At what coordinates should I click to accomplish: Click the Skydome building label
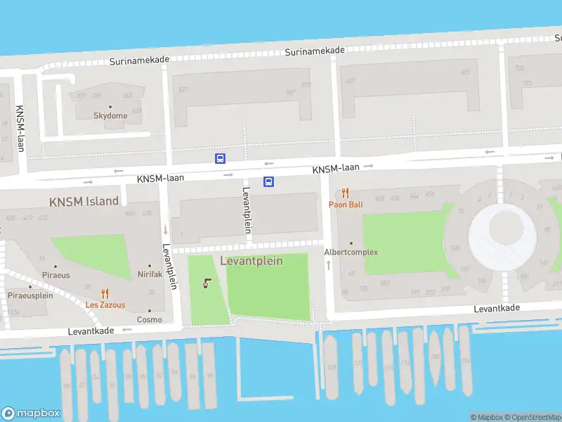pos(111,116)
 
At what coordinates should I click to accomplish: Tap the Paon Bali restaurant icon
pos(345,193)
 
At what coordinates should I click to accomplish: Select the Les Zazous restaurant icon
pos(105,294)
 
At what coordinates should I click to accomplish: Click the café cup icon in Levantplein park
pos(207,284)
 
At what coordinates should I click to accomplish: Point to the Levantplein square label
pos(251,261)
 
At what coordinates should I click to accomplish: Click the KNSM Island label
pos(84,201)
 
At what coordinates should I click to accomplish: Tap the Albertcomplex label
pos(351,252)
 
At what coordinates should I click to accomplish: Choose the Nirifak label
pos(150,274)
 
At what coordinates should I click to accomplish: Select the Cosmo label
pos(150,319)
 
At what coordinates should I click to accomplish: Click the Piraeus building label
pos(56,275)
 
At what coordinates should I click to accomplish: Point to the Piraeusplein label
pos(30,295)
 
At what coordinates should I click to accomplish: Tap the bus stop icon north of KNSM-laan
pos(220,158)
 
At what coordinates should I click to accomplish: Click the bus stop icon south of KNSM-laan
pos(268,181)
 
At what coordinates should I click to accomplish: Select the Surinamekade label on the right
pos(314,51)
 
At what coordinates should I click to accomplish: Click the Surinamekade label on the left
pos(139,60)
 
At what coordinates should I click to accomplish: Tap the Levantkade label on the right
pos(497,308)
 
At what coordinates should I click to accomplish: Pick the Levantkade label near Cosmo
pos(91,330)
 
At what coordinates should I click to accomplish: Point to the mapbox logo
pos(31,414)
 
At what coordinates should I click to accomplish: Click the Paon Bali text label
pos(346,205)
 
